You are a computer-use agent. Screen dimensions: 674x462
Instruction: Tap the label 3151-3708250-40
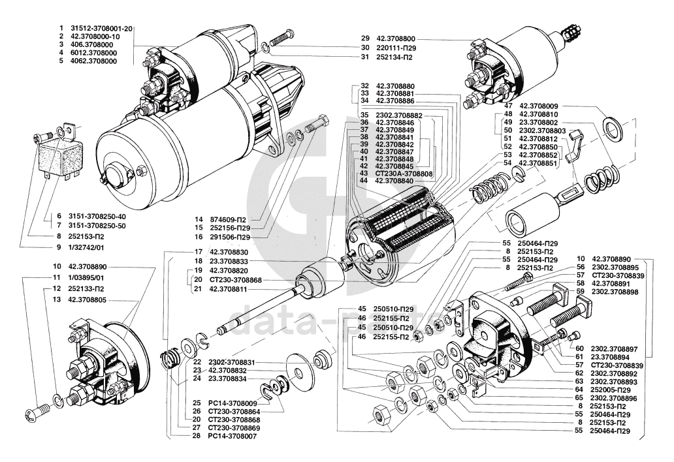pos(97,217)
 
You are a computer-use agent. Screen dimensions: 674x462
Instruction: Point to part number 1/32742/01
pos(86,248)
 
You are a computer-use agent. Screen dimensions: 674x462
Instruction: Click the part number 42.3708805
pos(88,300)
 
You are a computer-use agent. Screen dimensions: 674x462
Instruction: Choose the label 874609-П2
pos(227,219)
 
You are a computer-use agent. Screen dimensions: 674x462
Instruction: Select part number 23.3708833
pos(229,261)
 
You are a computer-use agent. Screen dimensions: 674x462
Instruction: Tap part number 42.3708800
pos(396,38)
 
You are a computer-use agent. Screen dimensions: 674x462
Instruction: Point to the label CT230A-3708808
pos(404,174)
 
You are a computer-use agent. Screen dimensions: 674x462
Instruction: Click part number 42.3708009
pos(539,106)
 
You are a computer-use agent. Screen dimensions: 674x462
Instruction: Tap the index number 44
pos(364,181)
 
